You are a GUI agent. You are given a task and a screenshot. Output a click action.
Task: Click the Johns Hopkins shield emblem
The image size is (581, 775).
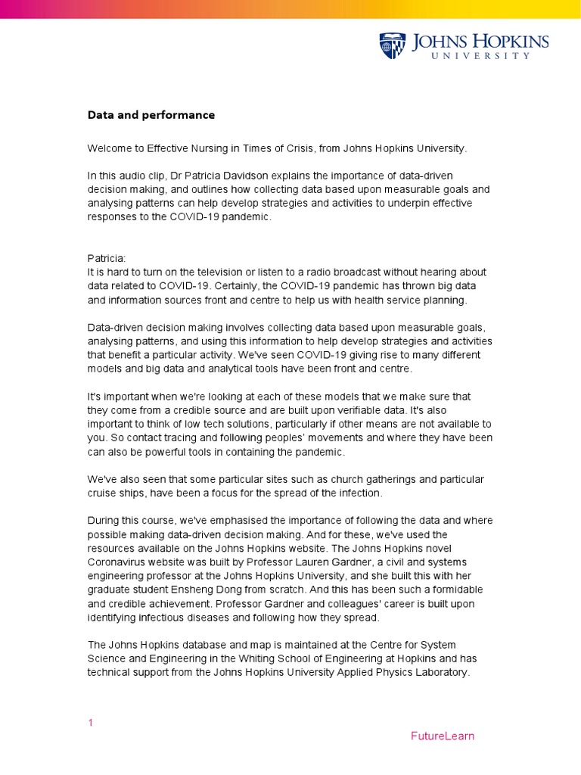click(x=392, y=45)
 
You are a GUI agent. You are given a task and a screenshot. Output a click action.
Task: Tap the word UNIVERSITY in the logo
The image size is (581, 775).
click(x=480, y=56)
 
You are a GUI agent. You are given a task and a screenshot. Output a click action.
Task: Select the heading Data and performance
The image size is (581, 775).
click(x=151, y=115)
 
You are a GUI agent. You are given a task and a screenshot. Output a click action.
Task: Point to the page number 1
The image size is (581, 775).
click(x=91, y=723)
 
